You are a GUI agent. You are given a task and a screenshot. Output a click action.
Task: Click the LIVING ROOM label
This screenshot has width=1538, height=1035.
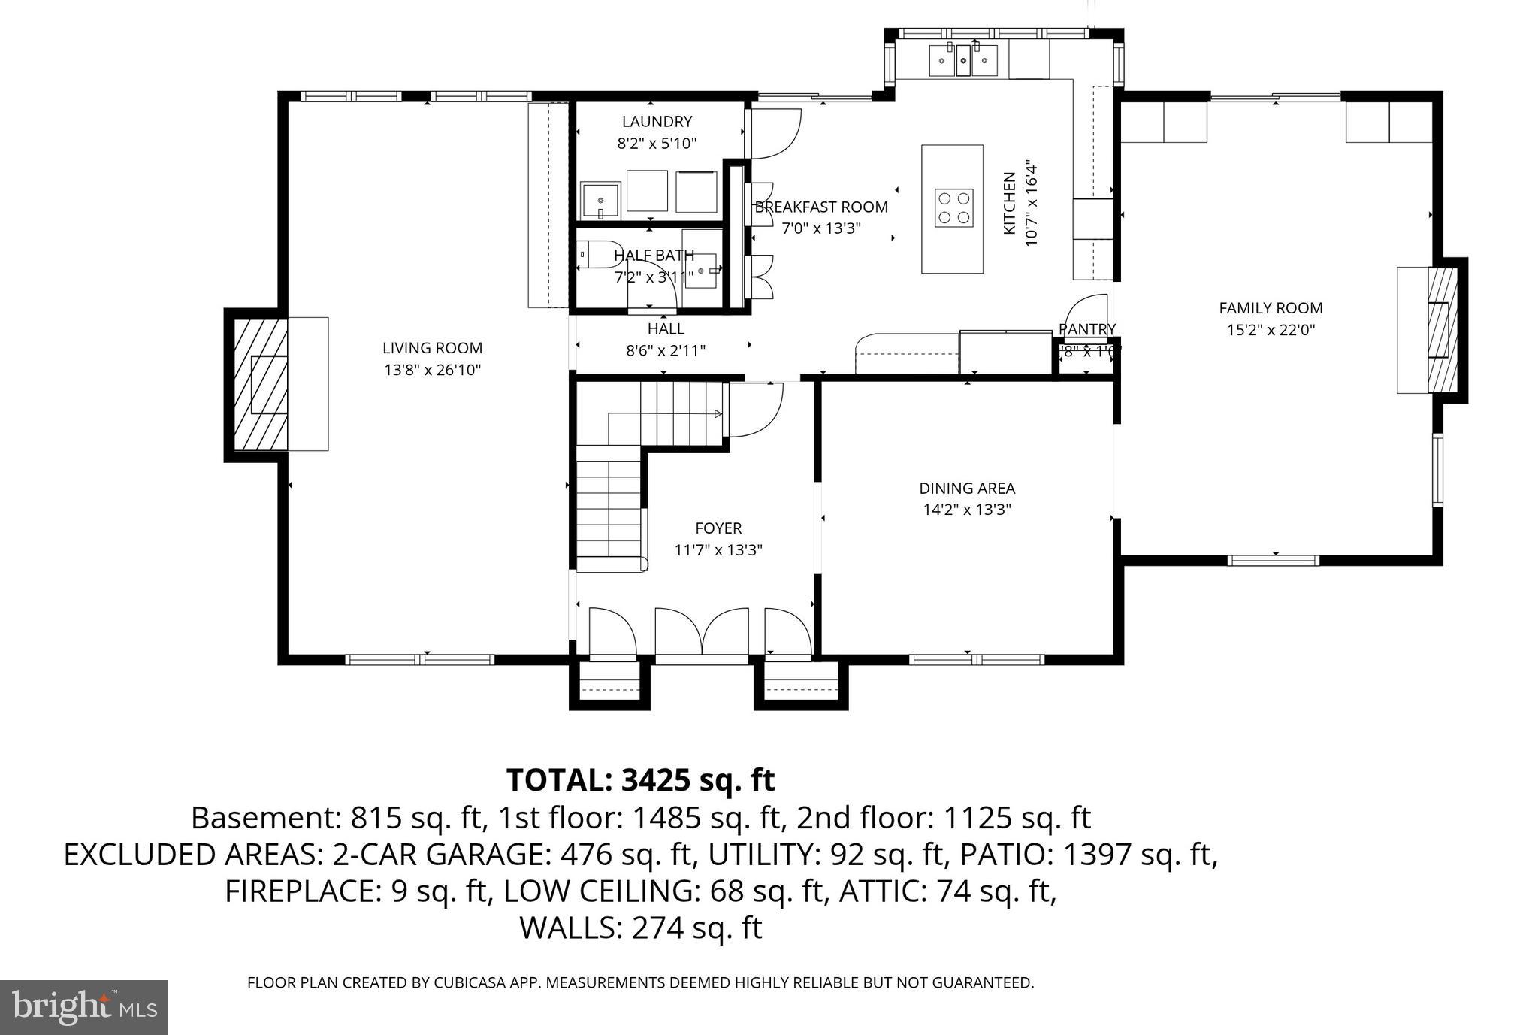[432, 348]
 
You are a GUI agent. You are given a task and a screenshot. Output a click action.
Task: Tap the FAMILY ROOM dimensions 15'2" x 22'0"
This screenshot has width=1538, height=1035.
[1271, 330]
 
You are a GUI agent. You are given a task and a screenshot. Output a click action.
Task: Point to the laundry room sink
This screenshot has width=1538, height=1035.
[601, 201]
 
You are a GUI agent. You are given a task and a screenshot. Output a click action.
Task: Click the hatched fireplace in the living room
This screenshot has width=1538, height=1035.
[259, 384]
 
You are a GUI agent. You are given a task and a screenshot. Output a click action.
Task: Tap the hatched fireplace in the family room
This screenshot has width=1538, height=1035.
[1441, 330]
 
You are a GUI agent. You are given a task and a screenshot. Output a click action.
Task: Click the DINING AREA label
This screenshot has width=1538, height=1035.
[967, 489]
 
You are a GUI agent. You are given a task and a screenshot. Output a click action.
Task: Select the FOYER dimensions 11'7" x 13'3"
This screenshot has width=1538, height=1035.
[718, 550]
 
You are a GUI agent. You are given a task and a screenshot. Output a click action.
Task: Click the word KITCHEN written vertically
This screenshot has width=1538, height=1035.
[1010, 203]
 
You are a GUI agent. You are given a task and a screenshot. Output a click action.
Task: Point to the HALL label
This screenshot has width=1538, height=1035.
[666, 328]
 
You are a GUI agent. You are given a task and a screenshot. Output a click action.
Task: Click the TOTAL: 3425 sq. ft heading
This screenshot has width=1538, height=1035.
[640, 780]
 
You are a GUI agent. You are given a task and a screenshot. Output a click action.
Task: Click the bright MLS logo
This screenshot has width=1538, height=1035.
[84, 1007]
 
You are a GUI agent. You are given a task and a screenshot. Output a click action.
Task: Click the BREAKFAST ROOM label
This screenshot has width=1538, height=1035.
[821, 207]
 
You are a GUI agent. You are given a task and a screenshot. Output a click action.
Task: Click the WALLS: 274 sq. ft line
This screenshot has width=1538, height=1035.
[640, 928]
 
